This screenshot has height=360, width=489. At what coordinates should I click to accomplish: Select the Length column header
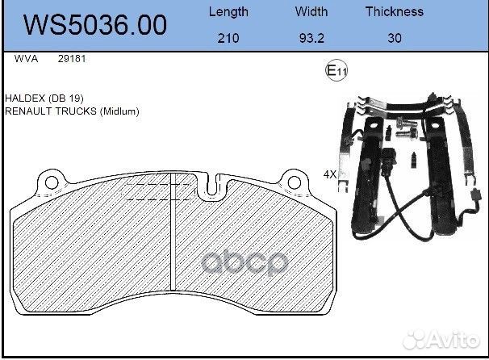228,11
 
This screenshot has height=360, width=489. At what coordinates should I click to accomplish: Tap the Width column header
311,11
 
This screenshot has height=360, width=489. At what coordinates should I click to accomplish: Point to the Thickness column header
394,11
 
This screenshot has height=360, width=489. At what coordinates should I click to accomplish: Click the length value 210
228,38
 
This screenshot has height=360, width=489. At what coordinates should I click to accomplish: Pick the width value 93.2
311,38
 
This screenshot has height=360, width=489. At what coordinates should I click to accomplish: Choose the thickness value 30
394,38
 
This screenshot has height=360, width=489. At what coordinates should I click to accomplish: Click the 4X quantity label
330,174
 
